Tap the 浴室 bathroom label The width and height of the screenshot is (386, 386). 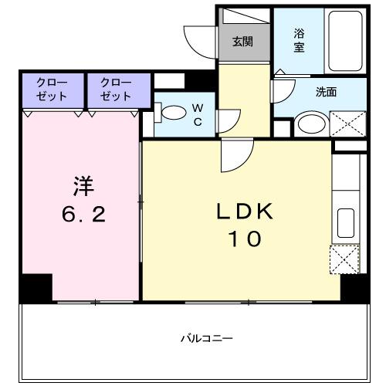pyautogui.click(x=299, y=40)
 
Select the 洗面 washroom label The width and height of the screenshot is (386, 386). pyautogui.click(x=325, y=91)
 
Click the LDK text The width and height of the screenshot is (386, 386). pyautogui.click(x=244, y=212)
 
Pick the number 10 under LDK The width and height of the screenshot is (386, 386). pyautogui.click(x=244, y=240)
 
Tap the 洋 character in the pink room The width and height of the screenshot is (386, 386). pyautogui.click(x=83, y=186)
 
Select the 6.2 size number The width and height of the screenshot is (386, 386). pyautogui.click(x=83, y=215)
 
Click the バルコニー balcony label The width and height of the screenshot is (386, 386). pyautogui.click(x=207, y=337)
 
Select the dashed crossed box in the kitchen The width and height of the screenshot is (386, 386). pyautogui.click(x=344, y=259)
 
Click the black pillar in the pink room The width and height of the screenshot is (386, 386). pyautogui.click(x=36, y=287)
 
